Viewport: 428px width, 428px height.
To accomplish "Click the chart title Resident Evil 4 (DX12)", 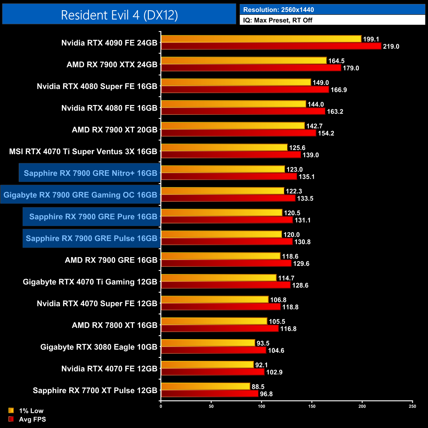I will point(119,15).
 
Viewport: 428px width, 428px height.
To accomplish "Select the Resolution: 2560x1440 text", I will point(278,10).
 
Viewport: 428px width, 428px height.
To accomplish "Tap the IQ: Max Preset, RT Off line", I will point(278,20).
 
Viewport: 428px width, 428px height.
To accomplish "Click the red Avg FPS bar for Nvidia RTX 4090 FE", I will point(271,46).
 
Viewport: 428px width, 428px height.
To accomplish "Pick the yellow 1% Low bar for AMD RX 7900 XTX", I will point(244,61).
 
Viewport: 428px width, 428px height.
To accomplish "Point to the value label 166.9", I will point(339,90).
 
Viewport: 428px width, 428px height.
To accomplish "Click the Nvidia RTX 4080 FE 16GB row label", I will point(109,108).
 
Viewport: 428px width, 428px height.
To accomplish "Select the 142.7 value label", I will point(314,126).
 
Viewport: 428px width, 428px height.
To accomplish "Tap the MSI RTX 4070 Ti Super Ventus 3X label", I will point(83,151).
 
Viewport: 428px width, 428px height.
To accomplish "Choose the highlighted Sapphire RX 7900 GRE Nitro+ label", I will point(90,173).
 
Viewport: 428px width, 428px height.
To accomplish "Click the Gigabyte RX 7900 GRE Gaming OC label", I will point(80,195).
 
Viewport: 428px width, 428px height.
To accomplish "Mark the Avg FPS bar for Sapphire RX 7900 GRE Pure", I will point(227,220).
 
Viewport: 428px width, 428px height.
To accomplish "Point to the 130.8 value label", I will point(302,242).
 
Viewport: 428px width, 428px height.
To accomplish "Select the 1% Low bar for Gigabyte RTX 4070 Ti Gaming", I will point(219,278).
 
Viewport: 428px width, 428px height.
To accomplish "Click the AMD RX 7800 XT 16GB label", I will point(115,325).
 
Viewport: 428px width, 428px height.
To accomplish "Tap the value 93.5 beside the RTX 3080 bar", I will point(263,343).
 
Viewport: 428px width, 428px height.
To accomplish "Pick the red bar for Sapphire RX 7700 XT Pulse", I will point(210,394).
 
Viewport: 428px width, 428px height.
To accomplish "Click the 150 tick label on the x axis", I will point(312,406).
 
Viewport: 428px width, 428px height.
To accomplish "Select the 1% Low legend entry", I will point(31,411).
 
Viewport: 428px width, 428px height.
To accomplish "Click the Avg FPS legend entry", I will point(32,419).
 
